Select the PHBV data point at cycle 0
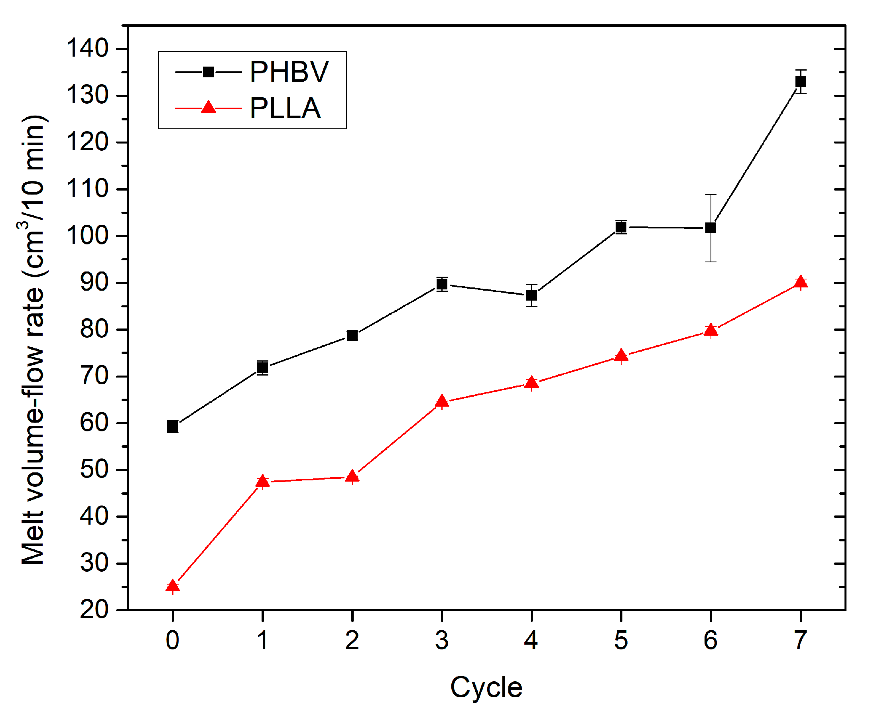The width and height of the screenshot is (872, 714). click(173, 426)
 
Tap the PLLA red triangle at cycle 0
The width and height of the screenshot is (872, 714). click(173, 586)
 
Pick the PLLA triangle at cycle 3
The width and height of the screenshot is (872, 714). click(442, 401)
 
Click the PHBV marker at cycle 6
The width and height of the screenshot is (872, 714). click(711, 228)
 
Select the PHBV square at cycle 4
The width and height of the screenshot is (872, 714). click(531, 295)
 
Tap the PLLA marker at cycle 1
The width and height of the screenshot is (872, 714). click(262, 481)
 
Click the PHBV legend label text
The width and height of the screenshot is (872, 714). click(289, 73)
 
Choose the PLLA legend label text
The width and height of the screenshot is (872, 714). click(285, 108)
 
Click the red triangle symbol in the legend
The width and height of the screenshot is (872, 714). click(209, 108)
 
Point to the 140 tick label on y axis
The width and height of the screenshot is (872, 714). click(87, 48)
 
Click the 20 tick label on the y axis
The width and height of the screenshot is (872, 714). click(94, 610)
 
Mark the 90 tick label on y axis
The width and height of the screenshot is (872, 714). click(94, 283)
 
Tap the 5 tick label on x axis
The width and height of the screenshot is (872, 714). click(621, 640)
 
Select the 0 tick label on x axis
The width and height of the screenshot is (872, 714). click(173, 640)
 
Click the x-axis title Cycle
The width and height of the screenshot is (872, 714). click(486, 687)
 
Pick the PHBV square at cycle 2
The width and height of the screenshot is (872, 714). click(352, 336)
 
